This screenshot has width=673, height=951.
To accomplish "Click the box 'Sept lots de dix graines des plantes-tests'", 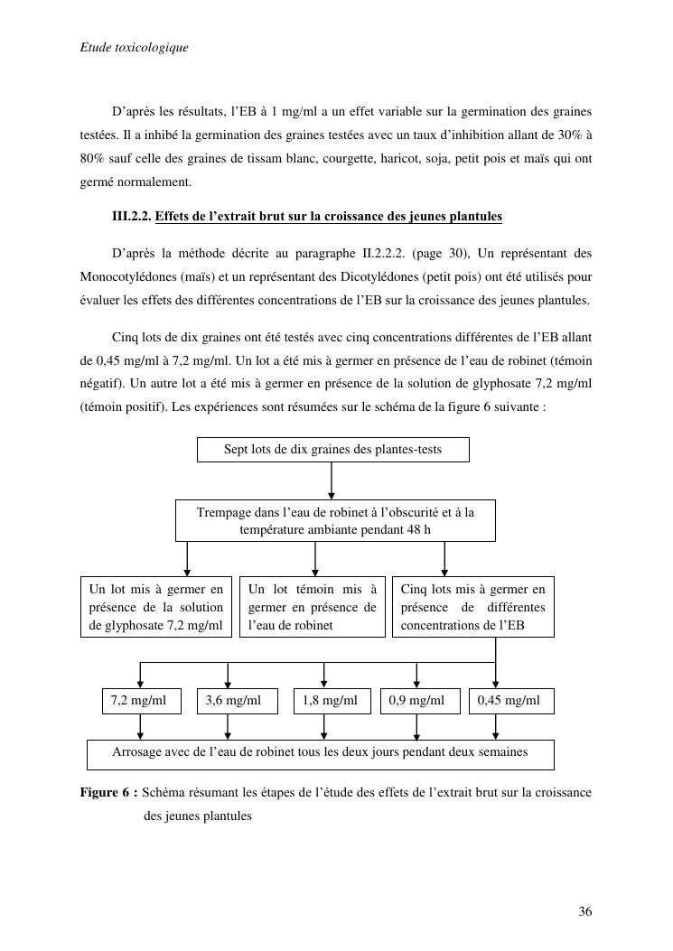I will [x=332, y=450].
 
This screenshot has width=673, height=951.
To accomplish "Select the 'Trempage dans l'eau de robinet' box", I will [x=335, y=521].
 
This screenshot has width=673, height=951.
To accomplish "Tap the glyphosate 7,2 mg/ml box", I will [x=156, y=607].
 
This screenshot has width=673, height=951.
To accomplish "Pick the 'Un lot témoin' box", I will [x=312, y=607].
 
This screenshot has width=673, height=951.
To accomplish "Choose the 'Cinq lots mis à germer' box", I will [x=472, y=607].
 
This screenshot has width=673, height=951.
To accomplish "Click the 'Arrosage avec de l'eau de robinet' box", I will [x=320, y=753].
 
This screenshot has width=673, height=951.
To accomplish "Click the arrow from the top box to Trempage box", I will [x=332, y=480].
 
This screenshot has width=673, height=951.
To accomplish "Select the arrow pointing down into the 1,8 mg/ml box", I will [x=324, y=676].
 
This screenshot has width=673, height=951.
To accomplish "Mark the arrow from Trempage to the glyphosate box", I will [x=187, y=559].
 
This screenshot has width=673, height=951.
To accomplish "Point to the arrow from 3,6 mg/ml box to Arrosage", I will [x=228, y=727].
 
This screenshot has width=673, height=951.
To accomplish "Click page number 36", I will [x=585, y=912].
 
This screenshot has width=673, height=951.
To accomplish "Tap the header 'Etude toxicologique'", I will [x=134, y=47].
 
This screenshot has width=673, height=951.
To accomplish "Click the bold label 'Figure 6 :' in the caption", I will [x=108, y=793].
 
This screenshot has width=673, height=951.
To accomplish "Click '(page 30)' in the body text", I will [x=437, y=252].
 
